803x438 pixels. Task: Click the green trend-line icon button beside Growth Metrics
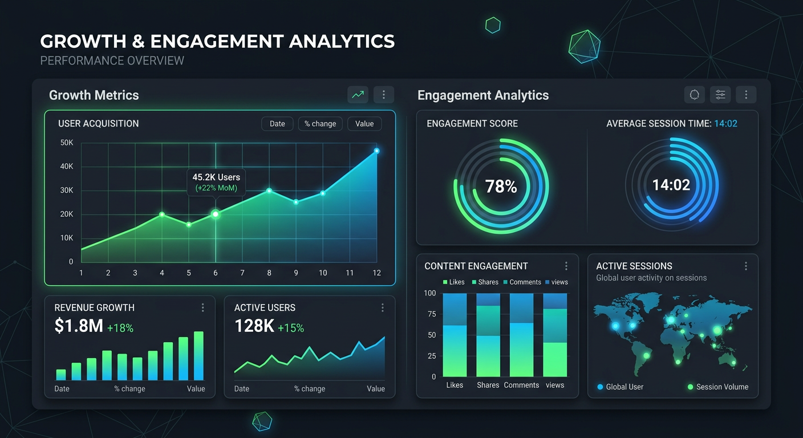(x=358, y=95)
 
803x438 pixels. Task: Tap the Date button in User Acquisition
(x=277, y=124)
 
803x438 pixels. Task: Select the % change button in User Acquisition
(x=320, y=124)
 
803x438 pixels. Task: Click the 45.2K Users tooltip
(x=216, y=182)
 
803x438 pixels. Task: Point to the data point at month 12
(x=376, y=151)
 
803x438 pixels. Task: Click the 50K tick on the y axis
(x=67, y=143)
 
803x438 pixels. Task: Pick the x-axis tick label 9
(x=296, y=273)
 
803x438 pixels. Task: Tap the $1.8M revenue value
(x=79, y=326)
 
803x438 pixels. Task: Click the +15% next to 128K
(x=291, y=328)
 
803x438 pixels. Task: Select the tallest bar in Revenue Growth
(x=198, y=356)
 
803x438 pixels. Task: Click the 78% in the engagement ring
(x=501, y=186)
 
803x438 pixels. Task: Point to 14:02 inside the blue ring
(x=671, y=185)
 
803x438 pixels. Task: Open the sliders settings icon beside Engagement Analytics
(x=720, y=95)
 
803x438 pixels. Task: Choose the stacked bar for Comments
(x=521, y=335)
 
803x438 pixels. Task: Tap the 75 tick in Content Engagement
(x=431, y=314)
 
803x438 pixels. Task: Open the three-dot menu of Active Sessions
(x=745, y=266)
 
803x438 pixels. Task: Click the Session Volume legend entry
(x=718, y=387)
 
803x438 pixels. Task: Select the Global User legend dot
(x=600, y=387)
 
